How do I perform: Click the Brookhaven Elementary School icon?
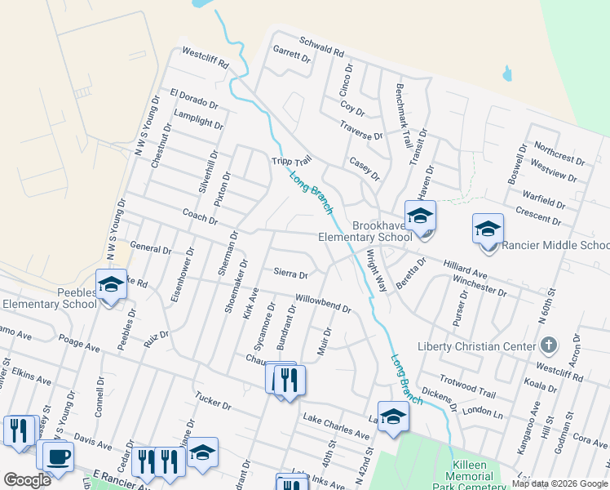pyautogui.click(x=421, y=216)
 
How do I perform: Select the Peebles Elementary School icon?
pyautogui.click(x=111, y=284)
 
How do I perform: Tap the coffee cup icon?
pyautogui.click(x=58, y=457)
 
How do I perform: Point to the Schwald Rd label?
pyautogui.click(x=321, y=49)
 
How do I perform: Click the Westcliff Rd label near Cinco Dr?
pyautogui.click(x=206, y=57)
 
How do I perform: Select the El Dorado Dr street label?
pyautogui.click(x=193, y=100)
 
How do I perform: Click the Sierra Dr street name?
pyautogui.click(x=291, y=274)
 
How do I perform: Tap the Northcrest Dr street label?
pyautogui.click(x=559, y=151)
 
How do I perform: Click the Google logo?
pyautogui.click(x=27, y=479)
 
